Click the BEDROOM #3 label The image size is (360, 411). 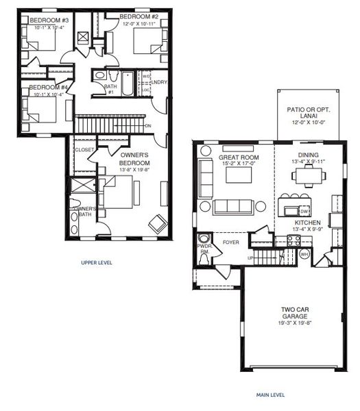coord(48,21)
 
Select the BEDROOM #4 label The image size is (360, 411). coord(49,88)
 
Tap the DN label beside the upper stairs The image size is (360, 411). coord(148,126)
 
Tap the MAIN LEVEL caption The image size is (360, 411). coord(271,395)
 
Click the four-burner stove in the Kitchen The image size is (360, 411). coord(293,240)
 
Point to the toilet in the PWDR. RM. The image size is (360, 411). coord(204,261)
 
